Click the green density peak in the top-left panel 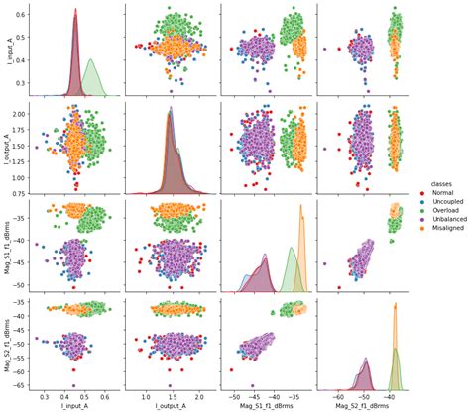click(91, 61)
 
